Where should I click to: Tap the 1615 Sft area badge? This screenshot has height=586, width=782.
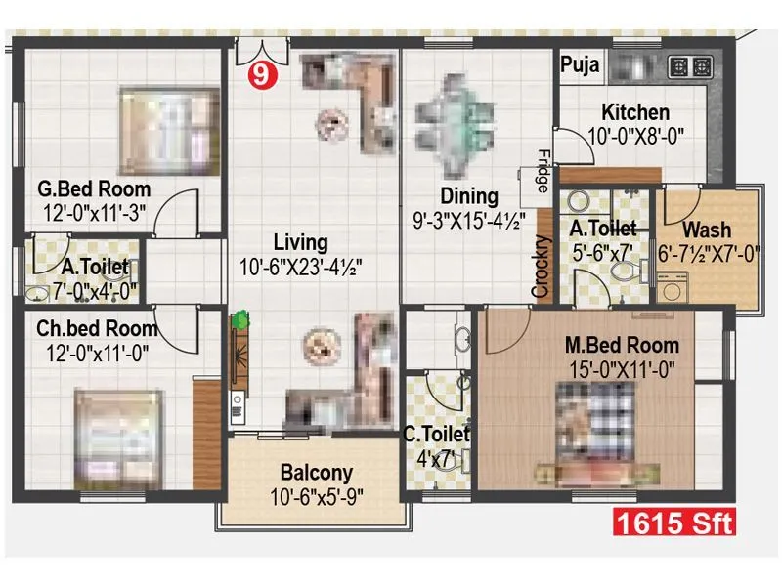pos(673,523)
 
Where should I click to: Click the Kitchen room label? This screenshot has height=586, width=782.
pos(635,113)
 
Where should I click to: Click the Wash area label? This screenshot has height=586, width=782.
pos(706,230)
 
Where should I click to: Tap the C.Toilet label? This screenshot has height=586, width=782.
pos(437,433)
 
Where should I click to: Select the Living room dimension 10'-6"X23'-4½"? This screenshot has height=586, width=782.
pos(300,266)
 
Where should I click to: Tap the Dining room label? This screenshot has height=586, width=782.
pos(468,197)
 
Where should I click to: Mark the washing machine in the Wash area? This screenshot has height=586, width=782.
pos(673,288)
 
